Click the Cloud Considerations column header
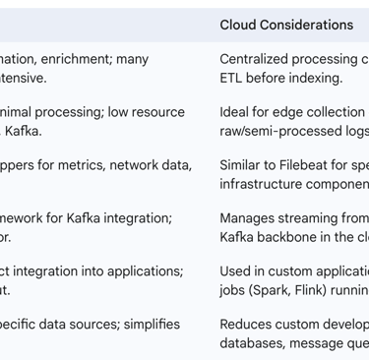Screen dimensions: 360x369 (285, 25)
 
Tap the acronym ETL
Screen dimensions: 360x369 (232, 78)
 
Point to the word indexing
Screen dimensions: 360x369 (308, 78)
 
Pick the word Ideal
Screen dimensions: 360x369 (236, 112)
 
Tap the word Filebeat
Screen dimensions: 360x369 (305, 165)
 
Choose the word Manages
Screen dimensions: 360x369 (248, 217)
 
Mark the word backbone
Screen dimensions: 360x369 (288, 236)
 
